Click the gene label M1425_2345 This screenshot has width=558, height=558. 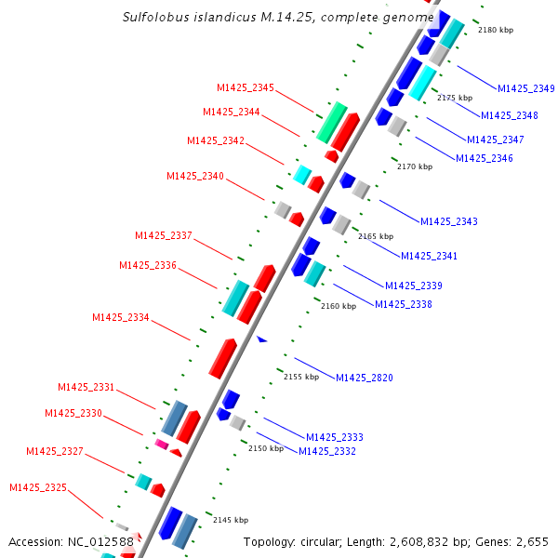coord(246,88)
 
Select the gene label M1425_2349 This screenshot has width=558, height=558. coord(525,89)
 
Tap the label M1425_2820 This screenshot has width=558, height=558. coord(364,378)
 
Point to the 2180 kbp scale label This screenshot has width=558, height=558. coord(495,31)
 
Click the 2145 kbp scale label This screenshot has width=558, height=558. coord(231,520)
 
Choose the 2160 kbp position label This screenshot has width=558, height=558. coord(339,306)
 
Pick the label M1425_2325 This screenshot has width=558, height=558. coord(38,487)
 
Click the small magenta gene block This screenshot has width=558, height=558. coord(161,445)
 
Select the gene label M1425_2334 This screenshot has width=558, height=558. coord(120,318)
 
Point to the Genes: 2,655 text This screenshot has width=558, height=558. coord(514,541)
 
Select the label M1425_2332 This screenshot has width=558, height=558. coord(326,451)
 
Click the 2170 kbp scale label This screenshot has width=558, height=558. coord(415,167)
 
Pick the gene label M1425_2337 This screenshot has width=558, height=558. coord(163,235)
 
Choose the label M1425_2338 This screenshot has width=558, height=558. coord(403,304)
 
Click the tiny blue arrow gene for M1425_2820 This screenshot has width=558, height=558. coord(262,339)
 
